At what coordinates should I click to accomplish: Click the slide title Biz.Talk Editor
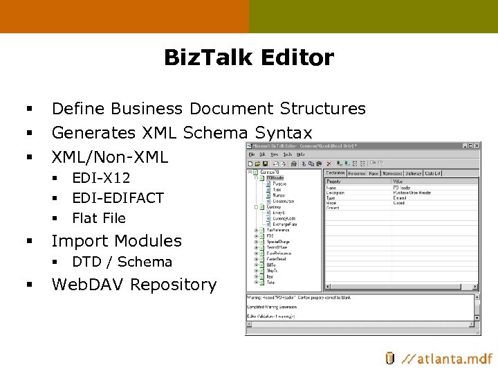click(x=248, y=57)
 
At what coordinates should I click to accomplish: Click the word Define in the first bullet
click(x=78, y=109)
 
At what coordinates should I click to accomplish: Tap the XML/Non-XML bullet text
click(x=109, y=157)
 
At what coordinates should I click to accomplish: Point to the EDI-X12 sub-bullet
click(x=101, y=178)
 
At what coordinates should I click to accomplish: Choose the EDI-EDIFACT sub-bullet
click(x=118, y=198)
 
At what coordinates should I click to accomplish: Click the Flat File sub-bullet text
click(x=99, y=218)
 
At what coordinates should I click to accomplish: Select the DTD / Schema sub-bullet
click(x=122, y=262)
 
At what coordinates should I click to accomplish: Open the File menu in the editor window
click(x=252, y=154)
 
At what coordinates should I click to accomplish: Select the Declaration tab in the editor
click(x=335, y=173)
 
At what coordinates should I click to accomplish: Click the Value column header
click(x=398, y=181)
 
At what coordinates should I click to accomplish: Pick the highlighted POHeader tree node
click(x=275, y=177)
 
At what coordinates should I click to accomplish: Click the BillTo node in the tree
click(x=272, y=265)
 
